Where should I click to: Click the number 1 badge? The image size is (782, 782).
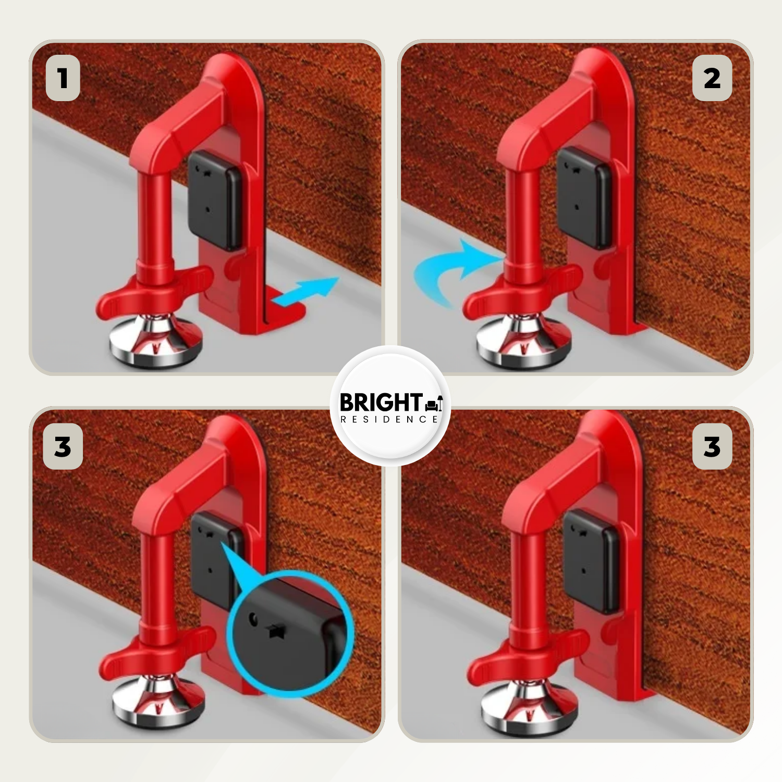(63, 78)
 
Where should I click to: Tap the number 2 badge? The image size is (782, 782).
(712, 78)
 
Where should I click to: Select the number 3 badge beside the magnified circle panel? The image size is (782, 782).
(63, 447)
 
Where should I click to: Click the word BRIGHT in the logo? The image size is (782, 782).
(381, 402)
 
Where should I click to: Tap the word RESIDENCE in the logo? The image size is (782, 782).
(389, 419)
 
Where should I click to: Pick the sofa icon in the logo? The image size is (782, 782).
(434, 403)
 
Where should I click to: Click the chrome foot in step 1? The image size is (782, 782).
(155, 341)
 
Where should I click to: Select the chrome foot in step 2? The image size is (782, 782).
(523, 342)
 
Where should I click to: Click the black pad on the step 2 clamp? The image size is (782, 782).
(584, 198)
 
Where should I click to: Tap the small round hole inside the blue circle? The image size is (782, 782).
(254, 619)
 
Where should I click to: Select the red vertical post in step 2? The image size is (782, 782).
(523, 219)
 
